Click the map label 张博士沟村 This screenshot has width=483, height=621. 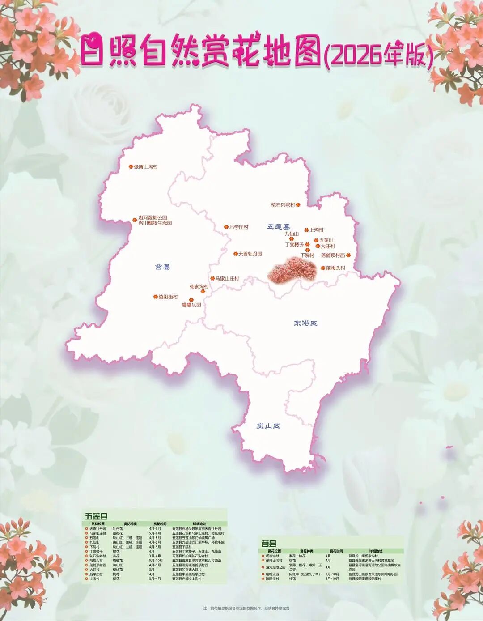pos(146,167)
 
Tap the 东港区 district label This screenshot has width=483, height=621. pos(305,323)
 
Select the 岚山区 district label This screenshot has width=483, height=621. pos(268,426)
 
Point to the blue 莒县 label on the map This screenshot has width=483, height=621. pos(163,267)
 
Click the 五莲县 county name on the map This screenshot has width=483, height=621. pos(279,227)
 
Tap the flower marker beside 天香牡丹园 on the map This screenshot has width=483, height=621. pos(235,254)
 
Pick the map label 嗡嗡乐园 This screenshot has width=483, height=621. pos(191,305)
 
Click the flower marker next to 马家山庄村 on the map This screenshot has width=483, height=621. pos(212,278)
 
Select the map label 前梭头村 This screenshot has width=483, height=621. pos(335,268)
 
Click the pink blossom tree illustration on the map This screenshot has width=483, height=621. pos(292,269)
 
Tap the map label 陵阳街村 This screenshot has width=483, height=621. pos(168,297)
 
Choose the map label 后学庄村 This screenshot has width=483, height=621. pos(238,227)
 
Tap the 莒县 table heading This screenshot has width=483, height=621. pos(269,544)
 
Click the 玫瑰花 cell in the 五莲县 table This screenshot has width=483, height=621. pos(118,561)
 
